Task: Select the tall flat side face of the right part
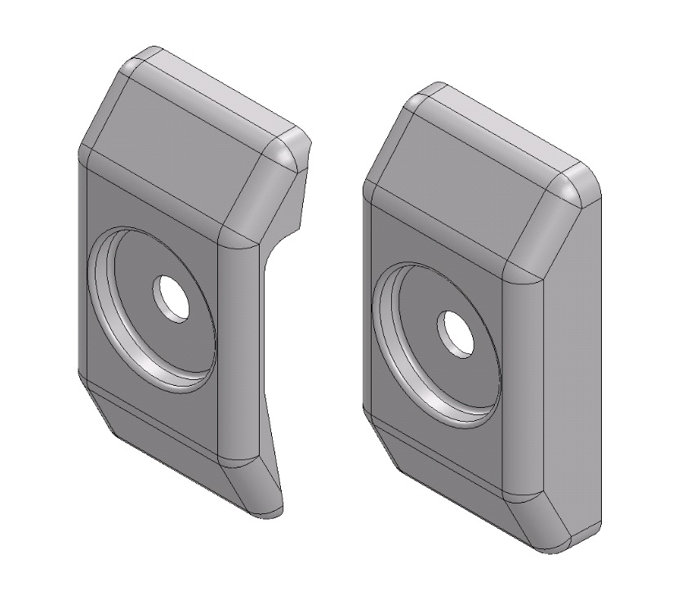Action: (x=572, y=368)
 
